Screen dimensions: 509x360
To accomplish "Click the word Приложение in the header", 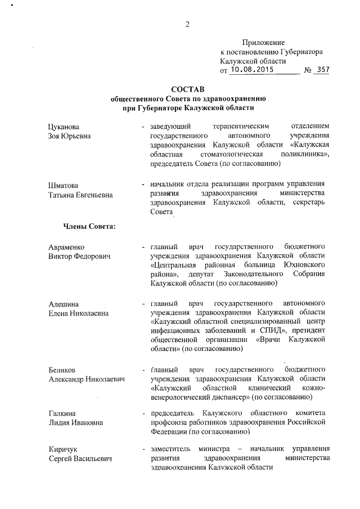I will pyautogui.click(x=263, y=43).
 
